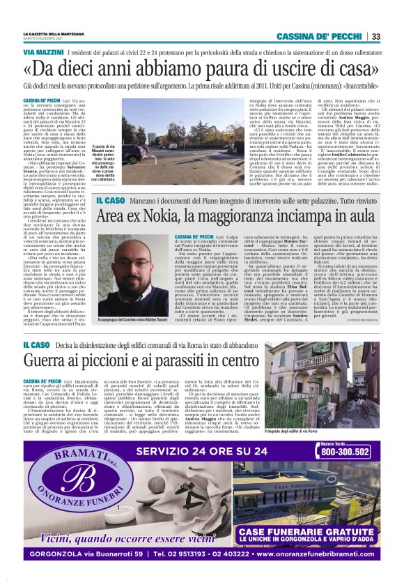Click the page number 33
(x=375, y=36)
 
